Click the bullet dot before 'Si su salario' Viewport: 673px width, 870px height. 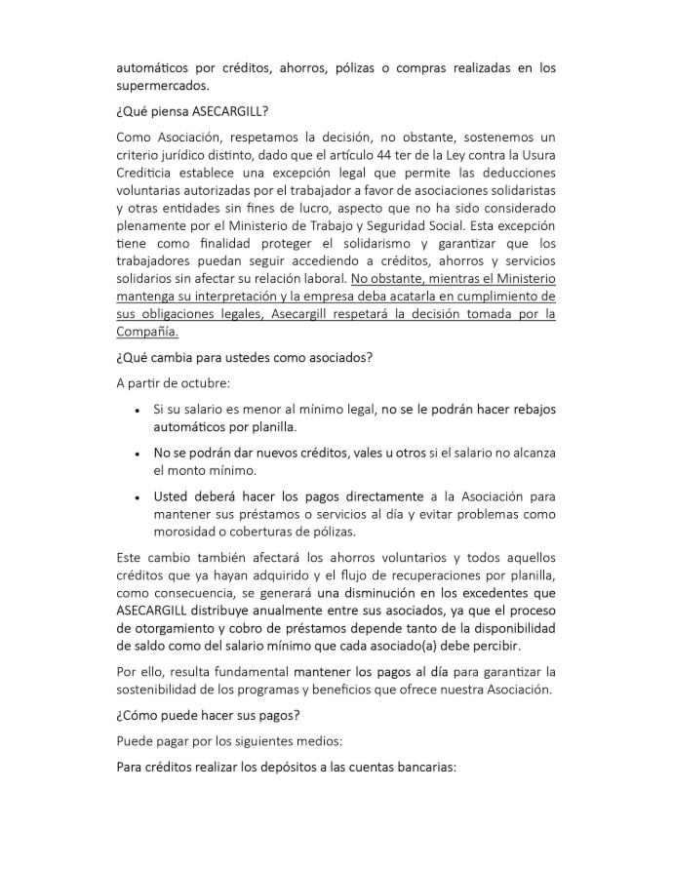(x=137, y=410)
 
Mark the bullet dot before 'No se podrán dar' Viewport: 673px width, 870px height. (x=137, y=454)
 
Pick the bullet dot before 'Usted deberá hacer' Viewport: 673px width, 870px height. (x=137, y=496)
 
